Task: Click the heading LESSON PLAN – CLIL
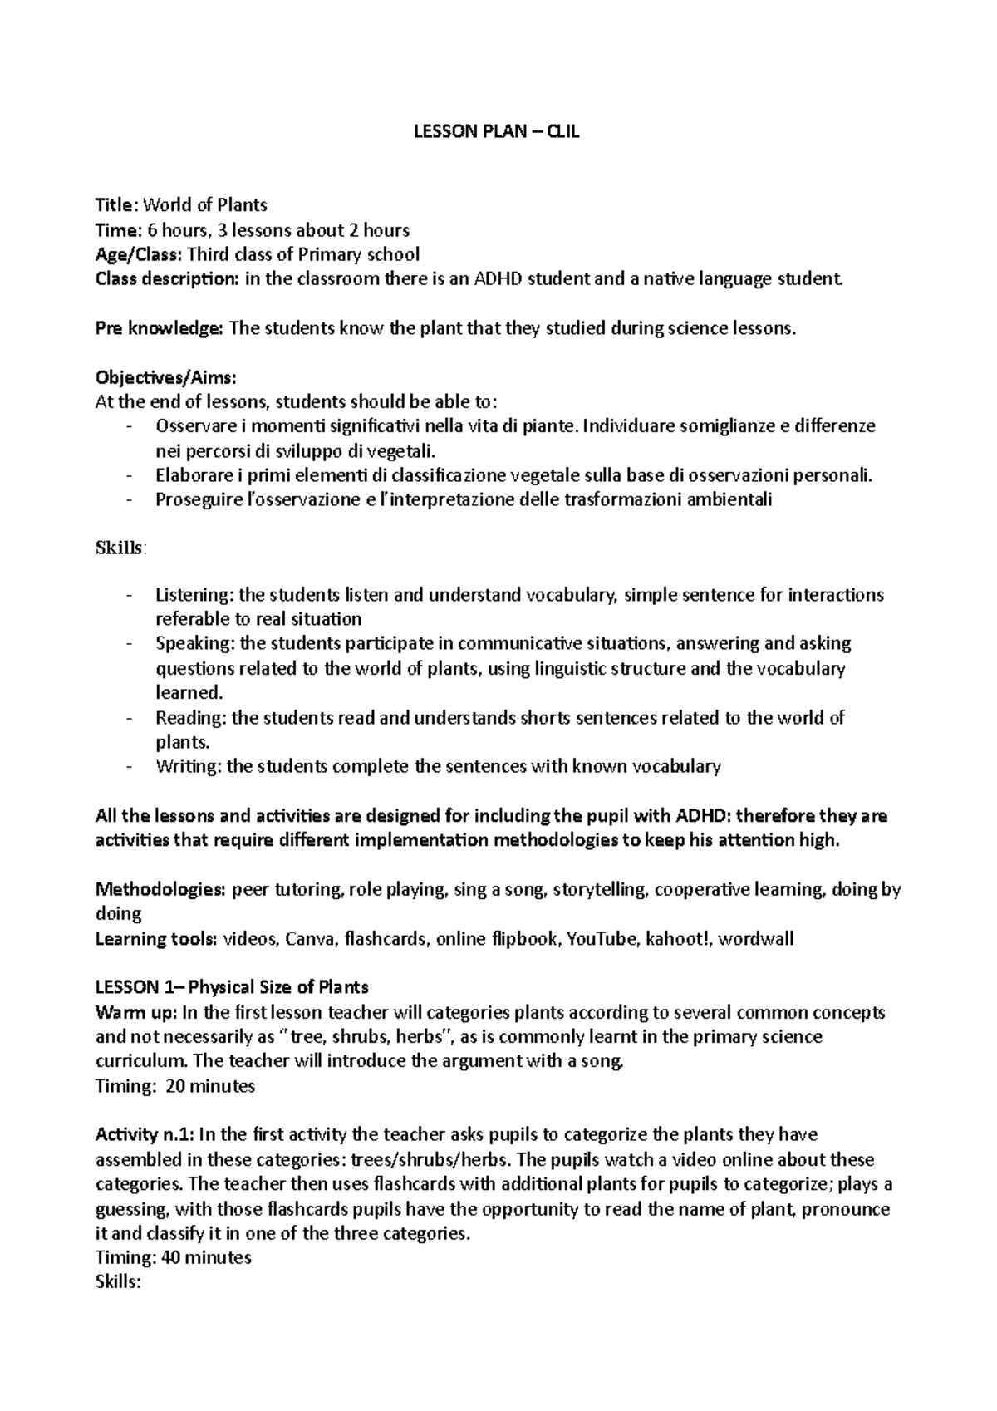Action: pyautogui.click(x=497, y=131)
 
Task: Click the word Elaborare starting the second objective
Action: pyautogui.click(x=191, y=476)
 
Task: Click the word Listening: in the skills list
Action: pyautogui.click(x=195, y=595)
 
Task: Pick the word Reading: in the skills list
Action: pyautogui.click(x=191, y=718)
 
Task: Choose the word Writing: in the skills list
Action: pyautogui.click(x=189, y=767)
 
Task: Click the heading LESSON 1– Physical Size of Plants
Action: pyautogui.click(x=232, y=987)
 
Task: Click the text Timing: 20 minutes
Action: pyautogui.click(x=175, y=1086)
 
